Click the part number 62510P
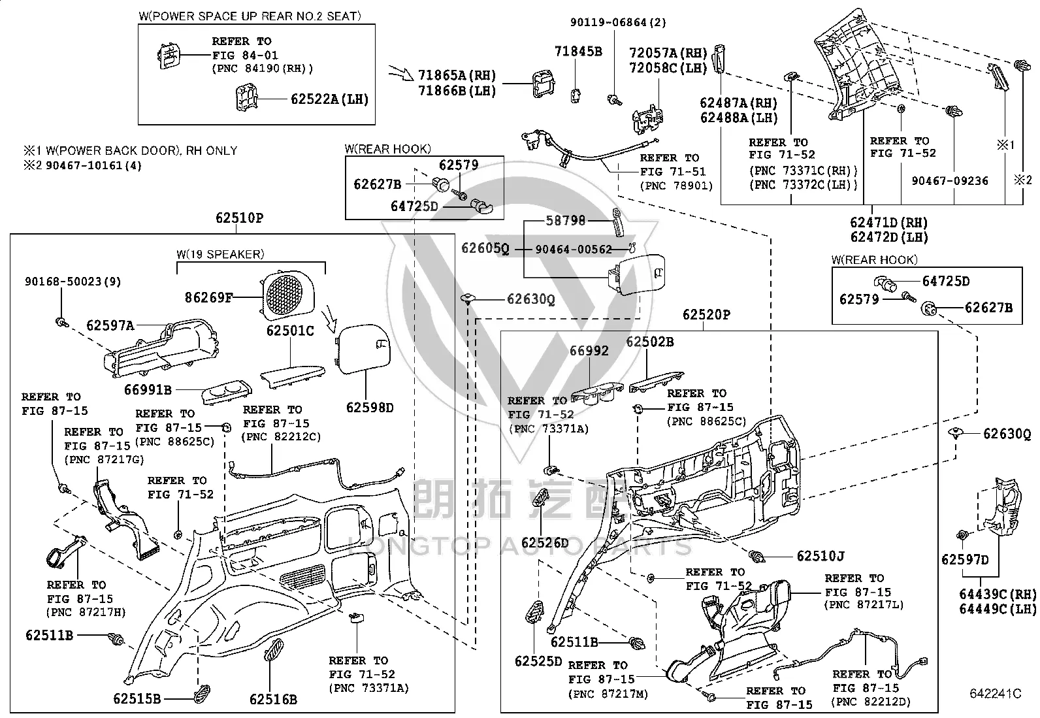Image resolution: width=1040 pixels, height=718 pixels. coord(239,218)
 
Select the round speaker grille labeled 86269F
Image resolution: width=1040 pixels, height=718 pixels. coord(288,295)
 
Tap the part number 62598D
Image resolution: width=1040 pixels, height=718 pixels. coord(370,407)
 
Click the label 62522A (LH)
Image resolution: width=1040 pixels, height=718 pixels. coord(330,99)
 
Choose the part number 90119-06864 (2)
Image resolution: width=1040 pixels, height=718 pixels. coord(618,22)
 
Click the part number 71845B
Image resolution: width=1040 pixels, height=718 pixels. coord(578,51)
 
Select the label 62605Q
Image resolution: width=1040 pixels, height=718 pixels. coord(485,248)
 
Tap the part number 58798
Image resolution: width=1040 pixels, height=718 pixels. coord(565,220)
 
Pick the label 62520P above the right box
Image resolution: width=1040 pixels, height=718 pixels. coord(706,315)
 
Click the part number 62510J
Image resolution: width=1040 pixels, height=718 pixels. coord(821,556)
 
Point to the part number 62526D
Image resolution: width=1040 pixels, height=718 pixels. coord(545,542)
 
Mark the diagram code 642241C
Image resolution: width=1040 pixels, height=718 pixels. coord(996,694)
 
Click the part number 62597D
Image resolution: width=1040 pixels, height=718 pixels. coord(965,560)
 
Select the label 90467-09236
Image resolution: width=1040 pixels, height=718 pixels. coord(949,181)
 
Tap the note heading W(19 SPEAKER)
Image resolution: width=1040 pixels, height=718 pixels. coord(220,254)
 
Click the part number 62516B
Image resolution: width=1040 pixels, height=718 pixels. coord(273,699)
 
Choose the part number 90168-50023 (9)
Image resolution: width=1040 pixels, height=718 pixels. coord(73,282)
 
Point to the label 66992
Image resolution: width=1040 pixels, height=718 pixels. coord(589,351)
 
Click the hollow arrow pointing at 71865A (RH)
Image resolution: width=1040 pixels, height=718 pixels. coord(400,73)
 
